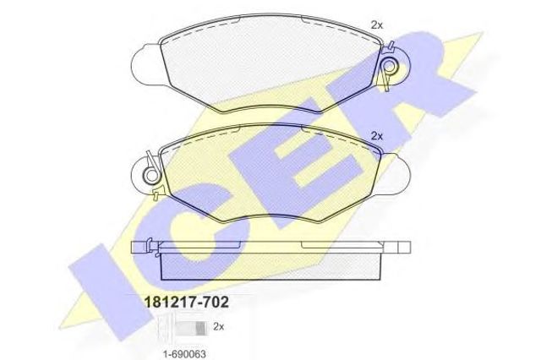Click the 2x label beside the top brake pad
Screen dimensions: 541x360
[377, 25]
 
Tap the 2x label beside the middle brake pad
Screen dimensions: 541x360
[377, 136]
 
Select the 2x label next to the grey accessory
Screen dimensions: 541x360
[219, 326]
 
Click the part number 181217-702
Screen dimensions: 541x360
[186, 303]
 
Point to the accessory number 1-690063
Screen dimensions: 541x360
[184, 354]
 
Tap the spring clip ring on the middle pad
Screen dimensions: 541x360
[151, 175]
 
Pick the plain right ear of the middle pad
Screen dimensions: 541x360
[396, 174]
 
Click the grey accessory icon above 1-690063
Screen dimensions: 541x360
[192, 327]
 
